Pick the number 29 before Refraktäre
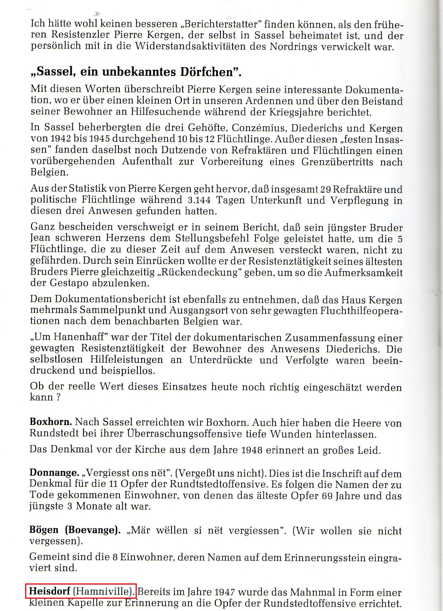click(x=326, y=189)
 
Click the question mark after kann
click(x=58, y=397)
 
